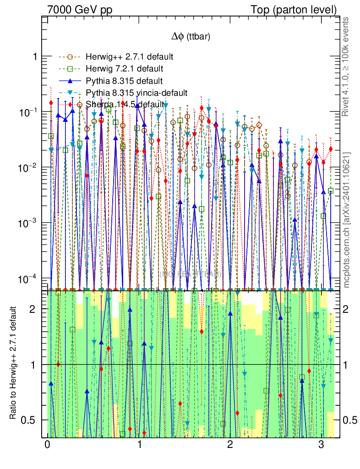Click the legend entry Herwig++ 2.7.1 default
[x=129, y=57]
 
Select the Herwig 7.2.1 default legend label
[x=125, y=69]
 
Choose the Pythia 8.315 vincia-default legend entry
[x=136, y=93]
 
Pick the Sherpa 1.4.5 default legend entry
[x=125, y=104]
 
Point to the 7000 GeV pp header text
[x=80, y=10]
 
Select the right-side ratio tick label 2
[x=350, y=309]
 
